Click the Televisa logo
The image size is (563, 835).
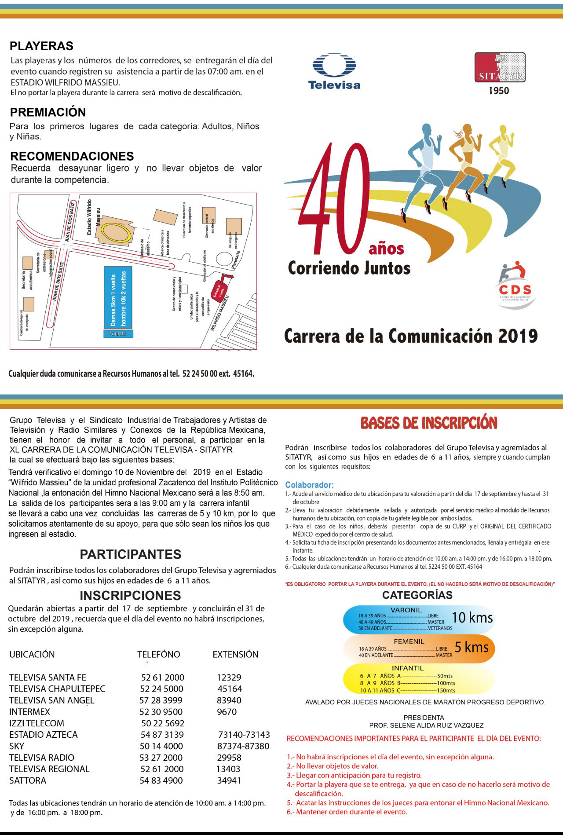pyautogui.click(x=334, y=71)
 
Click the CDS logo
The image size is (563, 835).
pyautogui.click(x=515, y=284)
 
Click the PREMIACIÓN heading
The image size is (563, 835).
pyautogui.click(x=48, y=112)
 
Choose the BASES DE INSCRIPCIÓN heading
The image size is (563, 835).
pyautogui.click(x=429, y=423)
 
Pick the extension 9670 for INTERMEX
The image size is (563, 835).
pyautogui.click(x=227, y=711)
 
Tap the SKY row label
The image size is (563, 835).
pyautogui.click(x=17, y=746)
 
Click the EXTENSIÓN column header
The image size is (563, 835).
pyautogui.click(x=235, y=654)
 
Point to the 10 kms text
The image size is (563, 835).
pyautogui.click(x=472, y=617)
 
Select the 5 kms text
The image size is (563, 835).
pyautogui.click(x=471, y=647)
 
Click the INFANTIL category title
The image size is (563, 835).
pyautogui.click(x=408, y=668)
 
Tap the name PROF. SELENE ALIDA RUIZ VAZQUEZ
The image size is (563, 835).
pyautogui.click(x=426, y=725)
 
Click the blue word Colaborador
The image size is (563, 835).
pyautogui.click(x=309, y=485)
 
